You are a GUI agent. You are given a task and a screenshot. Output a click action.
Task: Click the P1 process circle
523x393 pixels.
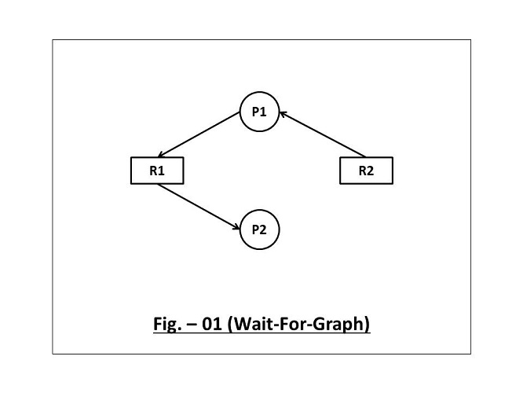pyautogui.click(x=259, y=112)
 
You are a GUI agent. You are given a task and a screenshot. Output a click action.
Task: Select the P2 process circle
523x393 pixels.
pyautogui.click(x=259, y=230)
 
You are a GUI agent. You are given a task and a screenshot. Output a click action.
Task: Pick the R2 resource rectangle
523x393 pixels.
pyautogui.click(x=366, y=171)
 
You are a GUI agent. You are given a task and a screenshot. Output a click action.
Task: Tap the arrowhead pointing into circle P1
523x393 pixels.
pyautogui.click(x=283, y=115)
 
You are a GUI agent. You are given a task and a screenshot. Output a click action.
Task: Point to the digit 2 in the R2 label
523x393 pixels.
pyautogui.click(x=371, y=171)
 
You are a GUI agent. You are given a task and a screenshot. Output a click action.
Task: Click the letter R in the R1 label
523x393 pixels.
pyautogui.click(x=153, y=171)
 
